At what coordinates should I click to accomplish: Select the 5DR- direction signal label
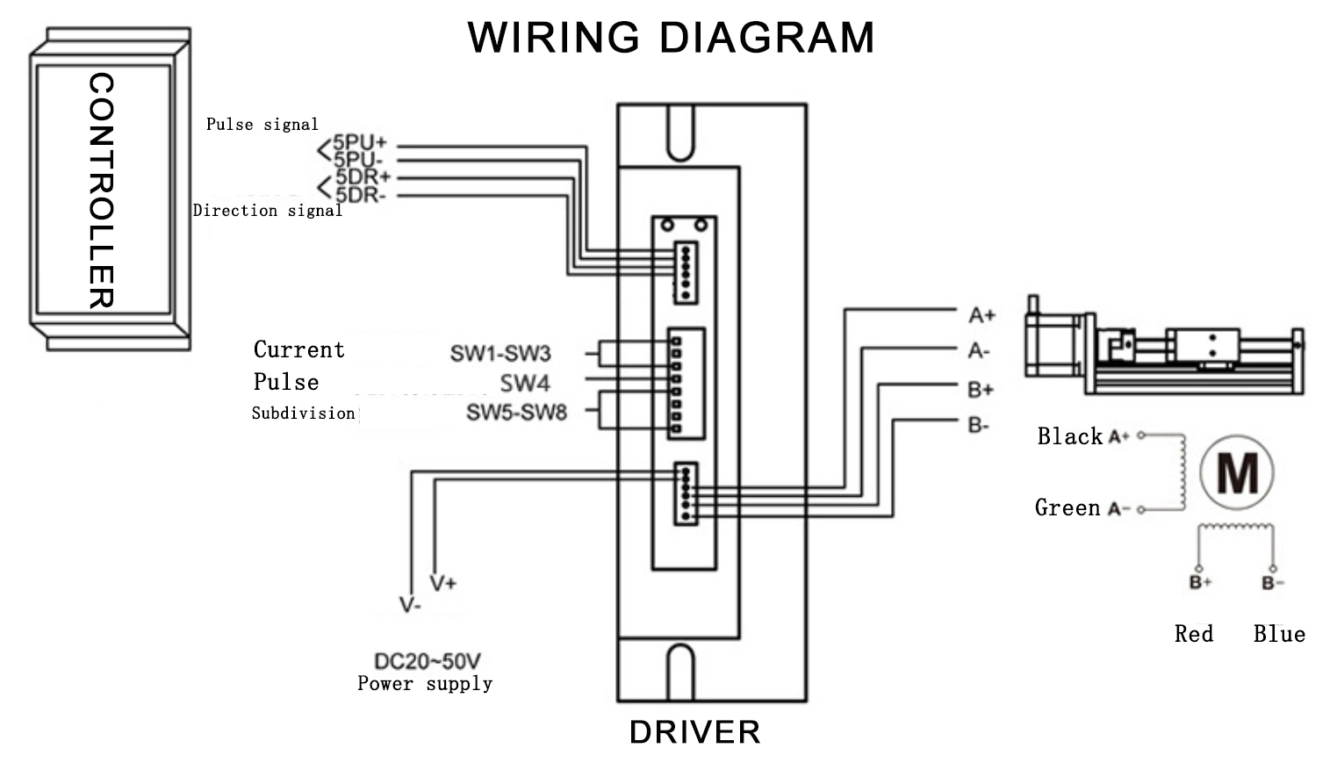tap(360, 195)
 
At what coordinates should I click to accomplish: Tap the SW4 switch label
tap(525, 383)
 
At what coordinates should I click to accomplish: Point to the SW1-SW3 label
tap(500, 353)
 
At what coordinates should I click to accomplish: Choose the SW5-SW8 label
tap(516, 412)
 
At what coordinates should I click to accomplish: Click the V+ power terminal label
tap(443, 583)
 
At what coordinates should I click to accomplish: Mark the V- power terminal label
tap(410, 605)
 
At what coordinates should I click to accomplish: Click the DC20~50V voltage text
tap(428, 661)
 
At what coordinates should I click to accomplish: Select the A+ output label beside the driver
tap(981, 314)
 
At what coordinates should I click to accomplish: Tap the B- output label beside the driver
tap(979, 426)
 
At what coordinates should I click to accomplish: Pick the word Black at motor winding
tap(1069, 436)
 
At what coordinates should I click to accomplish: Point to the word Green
tap(1067, 507)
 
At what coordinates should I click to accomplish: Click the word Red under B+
tap(1194, 634)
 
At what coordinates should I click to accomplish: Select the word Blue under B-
tap(1279, 634)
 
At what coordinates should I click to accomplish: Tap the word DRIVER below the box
tap(694, 732)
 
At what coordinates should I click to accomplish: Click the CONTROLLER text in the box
tap(102, 191)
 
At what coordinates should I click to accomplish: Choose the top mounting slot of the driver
tap(679, 132)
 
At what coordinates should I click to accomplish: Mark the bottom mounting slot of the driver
tap(679, 672)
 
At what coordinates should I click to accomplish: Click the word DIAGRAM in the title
tap(766, 38)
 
